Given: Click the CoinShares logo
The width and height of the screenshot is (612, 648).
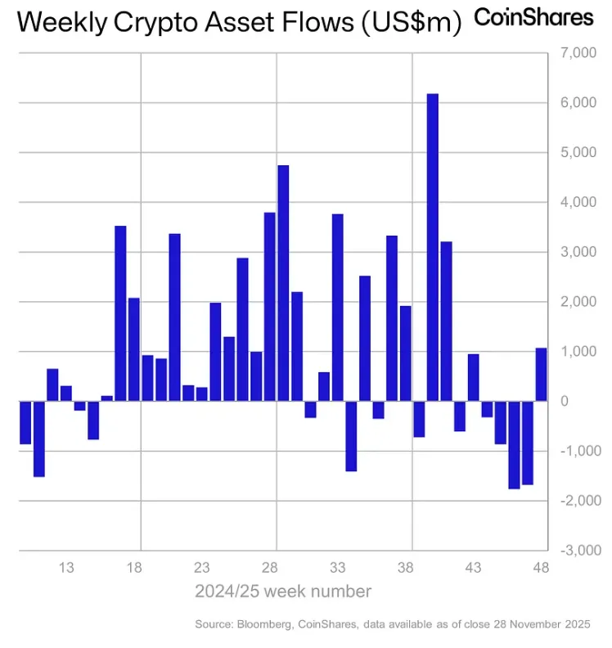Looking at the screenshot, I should (x=534, y=17).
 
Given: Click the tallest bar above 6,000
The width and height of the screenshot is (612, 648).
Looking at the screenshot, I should (x=433, y=245).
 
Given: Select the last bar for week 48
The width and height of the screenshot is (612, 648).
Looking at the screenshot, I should (x=542, y=374).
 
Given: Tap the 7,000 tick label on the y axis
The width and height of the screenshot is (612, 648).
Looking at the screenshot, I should (x=576, y=53).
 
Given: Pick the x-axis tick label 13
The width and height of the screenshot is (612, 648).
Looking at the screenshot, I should (x=67, y=568).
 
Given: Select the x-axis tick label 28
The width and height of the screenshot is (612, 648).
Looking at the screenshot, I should (x=270, y=568).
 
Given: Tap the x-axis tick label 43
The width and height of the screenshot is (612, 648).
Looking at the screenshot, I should (x=473, y=568).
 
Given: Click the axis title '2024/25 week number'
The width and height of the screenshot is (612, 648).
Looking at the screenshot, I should (x=283, y=591).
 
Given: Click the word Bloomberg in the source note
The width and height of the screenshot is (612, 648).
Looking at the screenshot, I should (x=264, y=625).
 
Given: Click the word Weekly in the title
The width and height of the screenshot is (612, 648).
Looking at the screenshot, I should (x=52, y=23).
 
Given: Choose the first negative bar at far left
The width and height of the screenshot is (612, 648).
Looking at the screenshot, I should (x=25, y=422).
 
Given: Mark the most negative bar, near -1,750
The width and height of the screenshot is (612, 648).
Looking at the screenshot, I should (x=514, y=444).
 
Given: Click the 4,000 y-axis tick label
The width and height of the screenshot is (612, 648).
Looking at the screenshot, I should (x=576, y=202).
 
